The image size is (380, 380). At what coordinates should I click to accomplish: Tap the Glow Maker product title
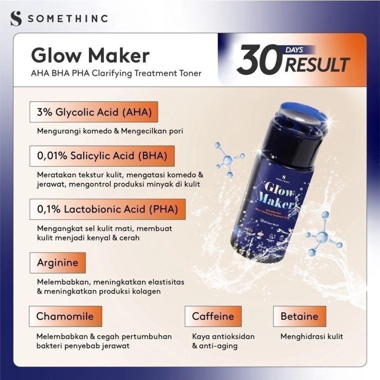(90, 55)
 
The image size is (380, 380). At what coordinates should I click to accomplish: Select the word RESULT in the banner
(318, 65)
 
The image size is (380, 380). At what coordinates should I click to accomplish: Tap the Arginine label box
(57, 263)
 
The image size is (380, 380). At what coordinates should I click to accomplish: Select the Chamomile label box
(65, 316)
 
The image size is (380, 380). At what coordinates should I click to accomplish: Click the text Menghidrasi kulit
(312, 337)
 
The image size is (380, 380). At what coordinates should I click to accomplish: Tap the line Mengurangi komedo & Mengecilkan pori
(110, 130)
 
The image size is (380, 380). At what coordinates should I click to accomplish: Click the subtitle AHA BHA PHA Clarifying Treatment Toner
(116, 73)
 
